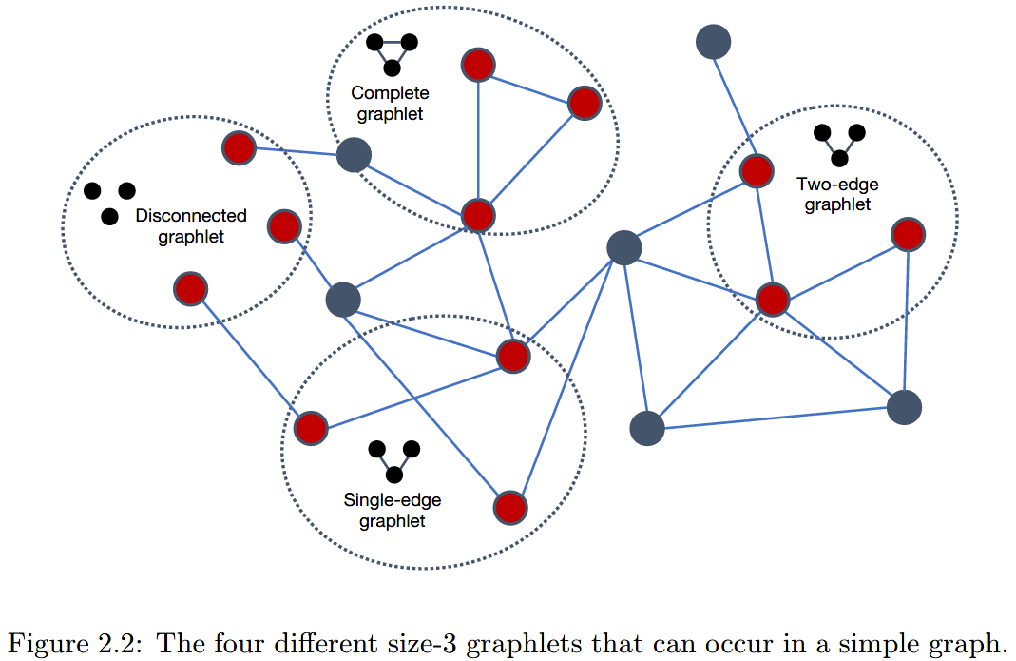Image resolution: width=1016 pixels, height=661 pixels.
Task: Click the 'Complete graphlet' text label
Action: [x=390, y=103]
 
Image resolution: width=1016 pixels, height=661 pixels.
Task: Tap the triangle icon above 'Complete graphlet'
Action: [x=392, y=53]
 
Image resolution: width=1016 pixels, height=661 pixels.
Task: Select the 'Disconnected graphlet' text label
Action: [x=191, y=226]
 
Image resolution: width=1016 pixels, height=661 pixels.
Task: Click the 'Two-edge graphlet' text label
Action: [x=837, y=194]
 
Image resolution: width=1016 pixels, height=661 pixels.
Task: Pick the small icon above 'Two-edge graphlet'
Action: [x=839, y=144]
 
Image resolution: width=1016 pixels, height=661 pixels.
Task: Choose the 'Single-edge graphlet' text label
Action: [x=393, y=510]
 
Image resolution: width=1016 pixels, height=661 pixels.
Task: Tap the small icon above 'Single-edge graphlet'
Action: [x=393, y=460]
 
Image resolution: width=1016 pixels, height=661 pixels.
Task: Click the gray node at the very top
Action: [x=713, y=41]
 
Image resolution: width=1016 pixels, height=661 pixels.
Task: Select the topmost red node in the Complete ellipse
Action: [x=477, y=65]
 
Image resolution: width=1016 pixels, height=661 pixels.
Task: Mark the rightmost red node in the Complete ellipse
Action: [x=585, y=103]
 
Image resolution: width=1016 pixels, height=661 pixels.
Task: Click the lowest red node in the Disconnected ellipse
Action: [x=191, y=288]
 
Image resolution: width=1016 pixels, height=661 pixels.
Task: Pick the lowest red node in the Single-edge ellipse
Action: [x=510, y=507]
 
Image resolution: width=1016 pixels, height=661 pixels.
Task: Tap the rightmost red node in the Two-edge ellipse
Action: [x=909, y=234]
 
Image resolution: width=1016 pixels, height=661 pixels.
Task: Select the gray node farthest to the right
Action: [x=904, y=407]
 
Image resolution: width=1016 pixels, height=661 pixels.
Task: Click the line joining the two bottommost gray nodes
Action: [x=775, y=418]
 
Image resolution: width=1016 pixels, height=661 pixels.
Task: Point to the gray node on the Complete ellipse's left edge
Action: [x=354, y=154]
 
